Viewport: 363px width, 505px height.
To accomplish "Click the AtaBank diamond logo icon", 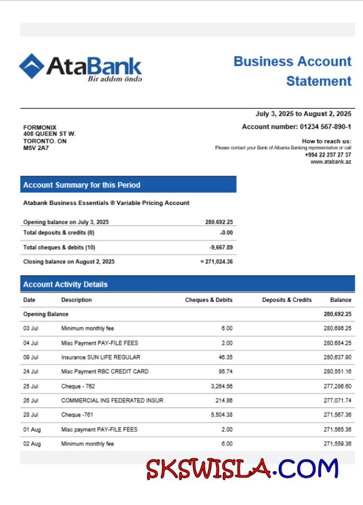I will tap(32, 66).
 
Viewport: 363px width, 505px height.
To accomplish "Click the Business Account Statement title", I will tap(292, 71).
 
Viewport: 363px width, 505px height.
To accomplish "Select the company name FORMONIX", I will tap(40, 128).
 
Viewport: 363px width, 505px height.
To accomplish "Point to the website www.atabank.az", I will tap(331, 162).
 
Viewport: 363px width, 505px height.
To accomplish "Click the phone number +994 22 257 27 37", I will tap(328, 155).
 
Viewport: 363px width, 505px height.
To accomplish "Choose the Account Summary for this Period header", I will tap(82, 185).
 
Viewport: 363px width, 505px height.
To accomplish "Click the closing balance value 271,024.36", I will tap(219, 262).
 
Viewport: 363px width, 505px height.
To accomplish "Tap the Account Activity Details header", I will tap(66, 285).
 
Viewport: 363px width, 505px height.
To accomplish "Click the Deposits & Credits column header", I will tap(287, 300).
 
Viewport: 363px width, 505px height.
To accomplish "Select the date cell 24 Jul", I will tap(31, 372).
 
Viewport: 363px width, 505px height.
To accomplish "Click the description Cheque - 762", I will tap(78, 386).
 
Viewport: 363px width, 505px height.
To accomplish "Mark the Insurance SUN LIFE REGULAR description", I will tap(101, 358).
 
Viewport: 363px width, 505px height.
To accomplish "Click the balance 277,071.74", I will tap(337, 401).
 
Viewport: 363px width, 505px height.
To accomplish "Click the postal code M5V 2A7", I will tap(36, 148).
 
